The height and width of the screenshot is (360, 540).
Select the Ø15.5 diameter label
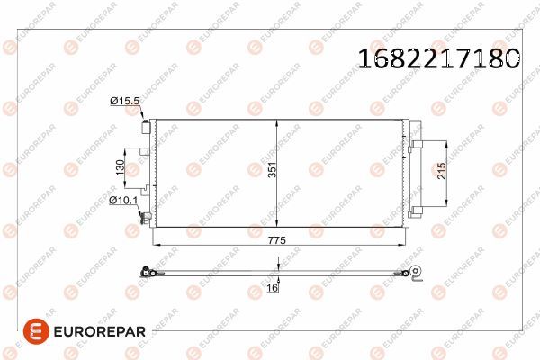[124, 102]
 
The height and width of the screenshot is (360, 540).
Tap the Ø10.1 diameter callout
[122, 200]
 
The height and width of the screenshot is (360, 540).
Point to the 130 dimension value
[118, 167]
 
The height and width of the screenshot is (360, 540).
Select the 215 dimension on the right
[441, 172]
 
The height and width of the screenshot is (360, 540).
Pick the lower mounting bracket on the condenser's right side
[415, 209]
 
